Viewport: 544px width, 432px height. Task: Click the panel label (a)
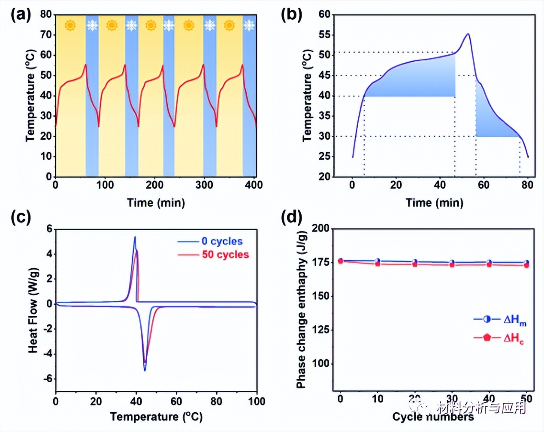click(x=21, y=15)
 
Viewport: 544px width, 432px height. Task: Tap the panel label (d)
click(x=292, y=217)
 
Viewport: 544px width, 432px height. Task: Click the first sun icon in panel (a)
click(x=70, y=25)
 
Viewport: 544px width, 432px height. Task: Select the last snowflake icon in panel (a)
click(x=248, y=26)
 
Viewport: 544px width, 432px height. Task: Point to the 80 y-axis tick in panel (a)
click(x=46, y=15)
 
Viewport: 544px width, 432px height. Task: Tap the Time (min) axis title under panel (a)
click(x=156, y=203)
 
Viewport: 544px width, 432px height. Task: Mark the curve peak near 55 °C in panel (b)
click(x=468, y=34)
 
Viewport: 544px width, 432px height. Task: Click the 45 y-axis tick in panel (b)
click(x=324, y=75)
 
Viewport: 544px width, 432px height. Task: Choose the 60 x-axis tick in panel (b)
click(x=484, y=185)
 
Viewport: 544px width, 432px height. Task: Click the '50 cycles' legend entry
click(x=213, y=255)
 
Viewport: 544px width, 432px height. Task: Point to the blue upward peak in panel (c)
click(x=135, y=237)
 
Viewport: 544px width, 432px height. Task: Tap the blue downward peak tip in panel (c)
click(x=145, y=370)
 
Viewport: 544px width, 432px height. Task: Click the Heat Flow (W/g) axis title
click(x=33, y=310)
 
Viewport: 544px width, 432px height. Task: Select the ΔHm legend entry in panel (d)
click(x=500, y=320)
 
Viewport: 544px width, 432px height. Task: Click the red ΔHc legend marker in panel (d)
click(x=487, y=337)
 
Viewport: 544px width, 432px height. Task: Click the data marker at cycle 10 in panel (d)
click(x=378, y=262)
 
